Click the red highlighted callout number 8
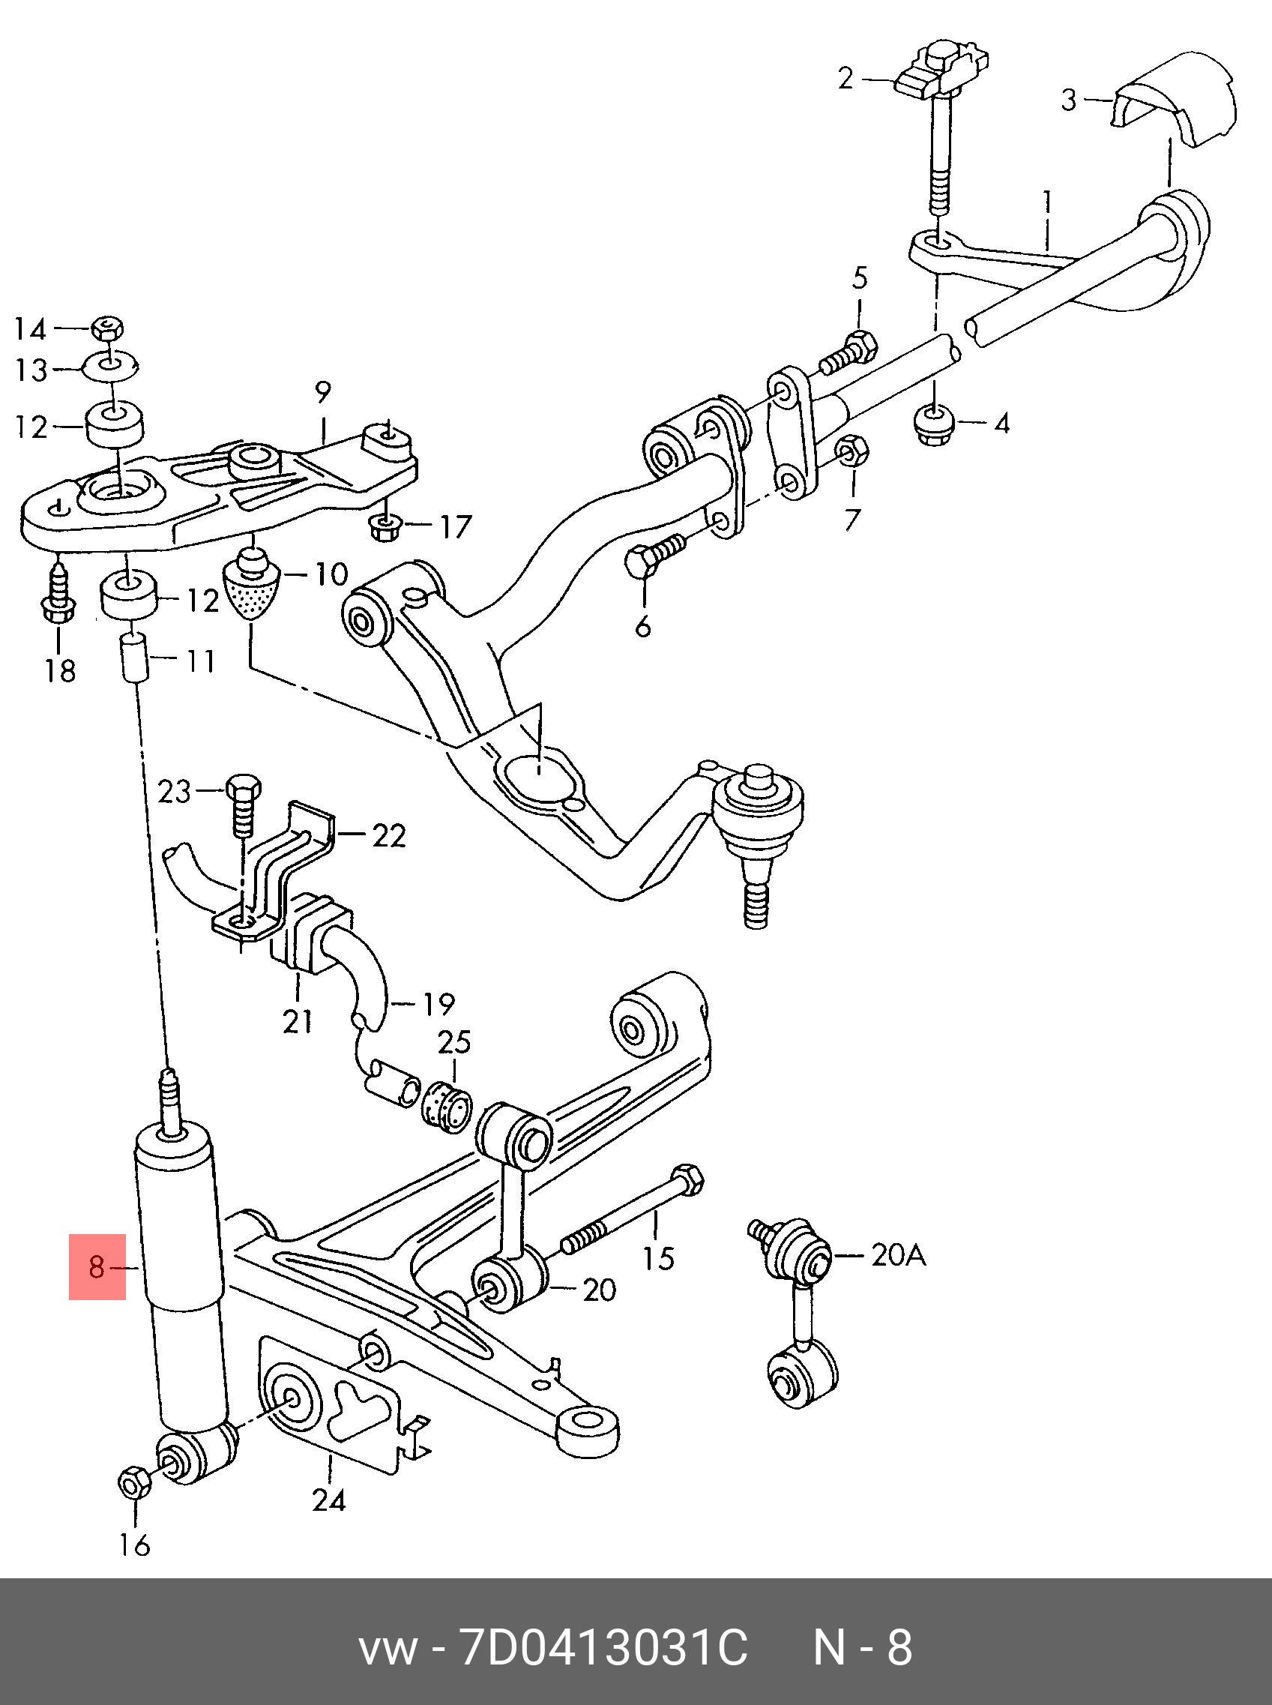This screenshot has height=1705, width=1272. tap(97, 1267)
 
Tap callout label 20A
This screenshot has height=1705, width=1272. tap(898, 1256)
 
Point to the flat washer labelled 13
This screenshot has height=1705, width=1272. tap(118, 367)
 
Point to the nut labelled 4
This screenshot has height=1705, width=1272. tap(934, 424)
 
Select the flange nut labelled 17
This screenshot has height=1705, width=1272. tap(384, 528)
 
